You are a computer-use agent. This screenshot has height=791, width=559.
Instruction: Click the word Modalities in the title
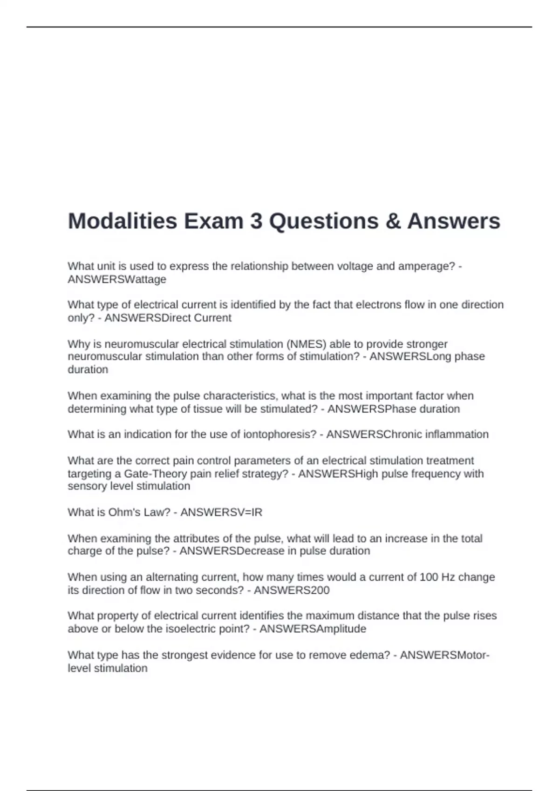tap(123, 221)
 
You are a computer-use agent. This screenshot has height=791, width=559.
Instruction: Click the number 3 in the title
tap(256, 221)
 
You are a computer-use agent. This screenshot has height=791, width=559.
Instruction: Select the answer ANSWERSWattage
tap(117, 279)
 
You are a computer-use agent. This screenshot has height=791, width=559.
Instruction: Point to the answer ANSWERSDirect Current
tap(168, 318)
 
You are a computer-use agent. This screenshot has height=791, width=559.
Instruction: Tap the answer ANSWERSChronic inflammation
tap(407, 434)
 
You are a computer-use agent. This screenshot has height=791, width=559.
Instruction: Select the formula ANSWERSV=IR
tap(221, 512)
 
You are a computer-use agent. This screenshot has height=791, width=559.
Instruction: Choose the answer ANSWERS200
tap(292, 590)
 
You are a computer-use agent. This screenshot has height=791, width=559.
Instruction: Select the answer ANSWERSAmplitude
tap(313, 629)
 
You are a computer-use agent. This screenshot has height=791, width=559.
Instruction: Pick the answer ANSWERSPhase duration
tap(394, 409)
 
